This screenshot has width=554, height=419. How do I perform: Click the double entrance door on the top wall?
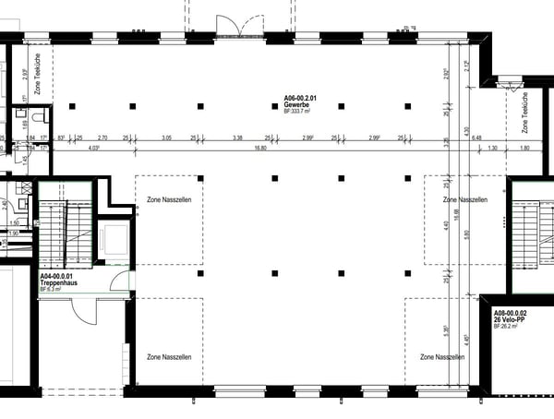[x=227, y=25]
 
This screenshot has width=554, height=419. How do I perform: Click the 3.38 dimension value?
[x=238, y=137]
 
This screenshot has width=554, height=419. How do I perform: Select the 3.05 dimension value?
[x=166, y=137]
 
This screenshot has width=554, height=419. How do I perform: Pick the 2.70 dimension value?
[x=103, y=137]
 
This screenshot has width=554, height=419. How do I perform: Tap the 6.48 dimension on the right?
[x=476, y=137]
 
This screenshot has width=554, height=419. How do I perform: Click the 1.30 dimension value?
[x=492, y=147]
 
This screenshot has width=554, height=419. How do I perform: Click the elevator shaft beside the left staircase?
[x=114, y=237]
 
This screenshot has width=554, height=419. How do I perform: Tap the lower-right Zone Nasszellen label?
[x=440, y=356]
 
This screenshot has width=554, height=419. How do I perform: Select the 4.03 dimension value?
[x=93, y=147]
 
